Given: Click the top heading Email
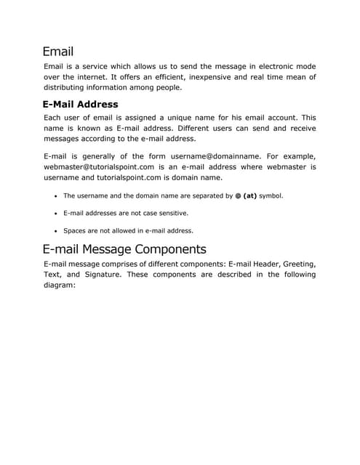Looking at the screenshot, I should (57, 52).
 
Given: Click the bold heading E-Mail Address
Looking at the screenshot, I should (80, 105).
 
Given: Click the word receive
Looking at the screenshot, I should (299, 128).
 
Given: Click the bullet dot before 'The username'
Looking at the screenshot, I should (56, 196).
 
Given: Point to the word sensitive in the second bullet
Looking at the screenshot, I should (151, 214).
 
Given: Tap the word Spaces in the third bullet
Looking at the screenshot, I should (75, 231).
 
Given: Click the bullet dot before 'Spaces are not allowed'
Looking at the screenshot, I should (56, 231).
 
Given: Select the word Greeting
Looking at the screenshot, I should (295, 264).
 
